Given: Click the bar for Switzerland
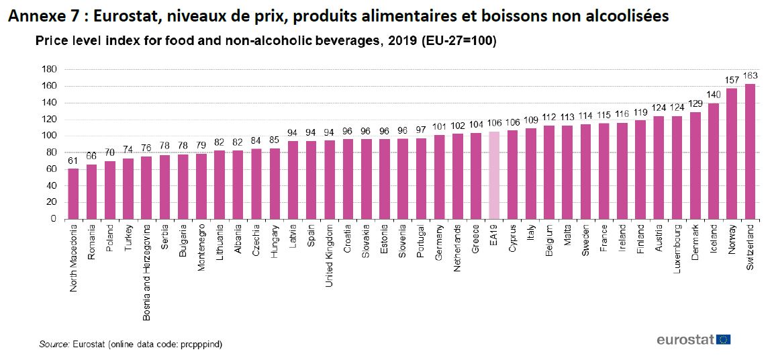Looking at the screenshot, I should coord(750,151).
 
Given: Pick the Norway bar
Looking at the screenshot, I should coord(732,154).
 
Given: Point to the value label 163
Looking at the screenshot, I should coord(750,75).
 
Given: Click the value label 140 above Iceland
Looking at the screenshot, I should coord(714,95).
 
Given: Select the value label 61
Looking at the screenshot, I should coord(73,160).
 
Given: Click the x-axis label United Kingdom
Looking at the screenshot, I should coord(329,256).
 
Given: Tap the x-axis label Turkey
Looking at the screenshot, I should coord(128,240).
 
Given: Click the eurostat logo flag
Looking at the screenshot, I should coord(724,339).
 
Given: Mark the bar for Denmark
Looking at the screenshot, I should coord(695,165).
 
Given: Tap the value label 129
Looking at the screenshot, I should coord(695,103).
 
